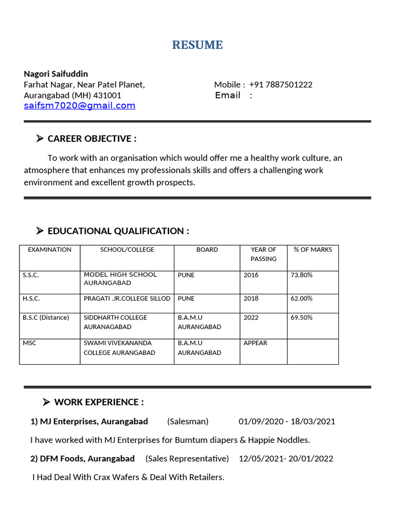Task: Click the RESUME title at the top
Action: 197,45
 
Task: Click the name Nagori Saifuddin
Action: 56,73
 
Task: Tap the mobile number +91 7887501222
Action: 280,85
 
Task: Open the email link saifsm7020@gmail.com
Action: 80,106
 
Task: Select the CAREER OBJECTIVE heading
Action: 92,139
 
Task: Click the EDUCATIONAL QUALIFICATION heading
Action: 118,231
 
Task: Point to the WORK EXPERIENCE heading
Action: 99,402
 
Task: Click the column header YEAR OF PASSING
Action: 263,254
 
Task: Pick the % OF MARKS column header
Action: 313,250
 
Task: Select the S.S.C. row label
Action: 31,275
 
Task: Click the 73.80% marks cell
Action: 301,275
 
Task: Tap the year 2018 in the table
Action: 251,298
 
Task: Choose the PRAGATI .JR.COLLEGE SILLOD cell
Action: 127,298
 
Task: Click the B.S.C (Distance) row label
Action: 46,317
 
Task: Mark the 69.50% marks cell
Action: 301,317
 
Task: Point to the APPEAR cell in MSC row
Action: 255,343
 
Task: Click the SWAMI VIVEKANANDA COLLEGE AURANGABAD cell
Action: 119,348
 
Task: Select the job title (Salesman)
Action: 188,422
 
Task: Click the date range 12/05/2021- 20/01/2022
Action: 286,459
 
